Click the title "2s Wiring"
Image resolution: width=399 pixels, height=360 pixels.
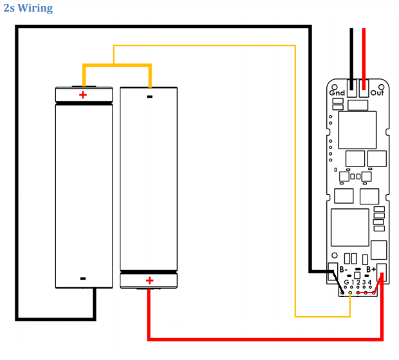click(x=28, y=8)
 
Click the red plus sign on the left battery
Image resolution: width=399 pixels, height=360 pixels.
click(x=83, y=95)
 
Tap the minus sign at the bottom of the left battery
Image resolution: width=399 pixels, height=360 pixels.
click(x=83, y=278)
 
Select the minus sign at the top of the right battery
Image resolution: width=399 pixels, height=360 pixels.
click(x=149, y=96)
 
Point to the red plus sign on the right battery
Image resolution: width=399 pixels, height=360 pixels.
click(x=149, y=280)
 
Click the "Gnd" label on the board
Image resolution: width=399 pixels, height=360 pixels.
click(x=337, y=93)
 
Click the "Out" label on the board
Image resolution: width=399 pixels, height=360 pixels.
click(x=377, y=93)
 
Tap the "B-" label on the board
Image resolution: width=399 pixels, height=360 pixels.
click(x=344, y=269)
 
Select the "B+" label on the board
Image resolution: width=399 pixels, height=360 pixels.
click(x=371, y=269)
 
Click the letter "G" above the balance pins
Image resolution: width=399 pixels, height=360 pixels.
click(x=346, y=282)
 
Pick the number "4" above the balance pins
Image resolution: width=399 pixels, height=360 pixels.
click(x=370, y=282)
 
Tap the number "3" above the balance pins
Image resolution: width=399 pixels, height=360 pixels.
click(x=364, y=282)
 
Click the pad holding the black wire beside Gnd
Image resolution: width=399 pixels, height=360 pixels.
click(x=352, y=88)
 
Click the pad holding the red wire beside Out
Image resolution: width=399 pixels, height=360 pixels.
click(x=364, y=88)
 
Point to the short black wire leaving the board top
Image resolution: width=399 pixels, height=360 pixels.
click(x=351, y=59)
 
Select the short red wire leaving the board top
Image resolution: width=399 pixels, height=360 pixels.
click(x=364, y=59)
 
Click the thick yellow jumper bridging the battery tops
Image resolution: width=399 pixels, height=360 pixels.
click(x=117, y=66)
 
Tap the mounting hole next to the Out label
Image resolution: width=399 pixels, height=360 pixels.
click(x=381, y=87)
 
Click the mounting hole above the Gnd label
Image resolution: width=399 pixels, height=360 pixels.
click(x=335, y=87)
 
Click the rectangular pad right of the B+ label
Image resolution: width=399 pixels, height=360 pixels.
click(x=382, y=273)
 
